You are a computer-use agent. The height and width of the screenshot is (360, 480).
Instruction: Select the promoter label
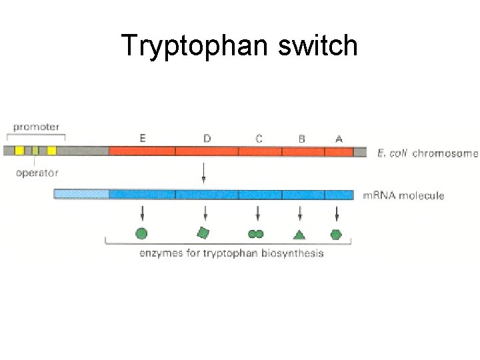pyautogui.click(x=36, y=127)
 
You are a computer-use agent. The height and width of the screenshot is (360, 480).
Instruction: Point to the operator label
pyautogui.click(x=37, y=173)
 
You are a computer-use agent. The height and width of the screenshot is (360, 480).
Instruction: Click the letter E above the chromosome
pyautogui.click(x=143, y=139)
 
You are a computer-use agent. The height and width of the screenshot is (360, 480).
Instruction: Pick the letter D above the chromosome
pyautogui.click(x=207, y=139)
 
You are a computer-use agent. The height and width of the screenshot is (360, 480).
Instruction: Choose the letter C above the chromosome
pyautogui.click(x=259, y=139)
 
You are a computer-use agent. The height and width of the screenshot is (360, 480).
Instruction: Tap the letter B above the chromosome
pyautogui.click(x=301, y=139)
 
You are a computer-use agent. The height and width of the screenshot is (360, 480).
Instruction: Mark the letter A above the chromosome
pyautogui.click(x=339, y=139)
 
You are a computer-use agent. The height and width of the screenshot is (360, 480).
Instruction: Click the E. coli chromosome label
pyautogui.click(x=427, y=153)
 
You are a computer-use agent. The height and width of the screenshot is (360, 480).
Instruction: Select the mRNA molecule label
pyautogui.click(x=403, y=195)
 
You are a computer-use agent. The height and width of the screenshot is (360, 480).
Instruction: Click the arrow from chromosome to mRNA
pyautogui.click(x=203, y=175)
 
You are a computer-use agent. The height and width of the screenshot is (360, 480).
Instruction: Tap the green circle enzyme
pyautogui.click(x=141, y=234)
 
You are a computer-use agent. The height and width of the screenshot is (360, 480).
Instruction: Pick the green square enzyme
pyautogui.click(x=204, y=233)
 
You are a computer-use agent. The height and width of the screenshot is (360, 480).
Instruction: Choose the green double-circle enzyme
pyautogui.click(x=256, y=234)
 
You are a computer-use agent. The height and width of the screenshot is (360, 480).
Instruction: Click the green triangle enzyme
pyautogui.click(x=299, y=234)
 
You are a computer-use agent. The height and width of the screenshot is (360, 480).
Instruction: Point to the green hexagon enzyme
pyautogui.click(x=336, y=234)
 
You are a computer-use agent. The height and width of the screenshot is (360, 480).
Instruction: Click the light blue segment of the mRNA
pyautogui.click(x=81, y=195)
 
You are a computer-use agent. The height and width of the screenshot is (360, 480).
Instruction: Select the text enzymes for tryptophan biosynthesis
pyautogui.click(x=231, y=253)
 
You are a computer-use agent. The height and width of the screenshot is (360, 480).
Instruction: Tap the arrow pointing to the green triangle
pyautogui.click(x=300, y=213)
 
